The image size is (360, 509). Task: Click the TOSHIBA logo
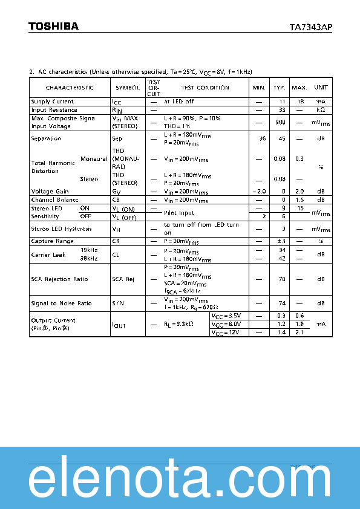coord(53,27)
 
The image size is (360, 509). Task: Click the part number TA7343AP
coord(310,27)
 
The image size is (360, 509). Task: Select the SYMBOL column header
coord(128,88)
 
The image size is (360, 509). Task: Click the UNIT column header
coord(321,88)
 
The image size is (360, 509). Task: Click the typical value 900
coord(280,122)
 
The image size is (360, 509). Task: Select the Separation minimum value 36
coord(262,138)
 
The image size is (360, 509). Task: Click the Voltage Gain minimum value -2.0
coord(260,191)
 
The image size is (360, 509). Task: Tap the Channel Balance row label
coord(54,199)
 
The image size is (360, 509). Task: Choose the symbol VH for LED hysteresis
coord(116,229)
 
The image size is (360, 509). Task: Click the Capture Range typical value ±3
coord(281,241)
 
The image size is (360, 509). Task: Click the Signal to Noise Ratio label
coord(61,303)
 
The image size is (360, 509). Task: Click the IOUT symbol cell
coord(119,325)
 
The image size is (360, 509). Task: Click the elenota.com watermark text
coord(180,482)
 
